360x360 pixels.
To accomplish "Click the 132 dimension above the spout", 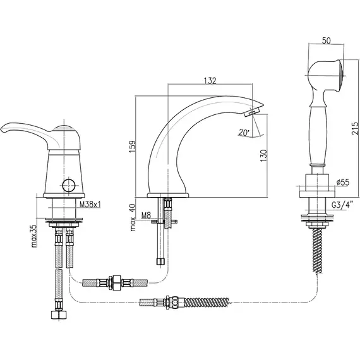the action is click(210, 81).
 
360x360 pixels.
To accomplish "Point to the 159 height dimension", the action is click(133, 147).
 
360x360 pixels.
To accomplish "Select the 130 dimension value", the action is click(264, 155).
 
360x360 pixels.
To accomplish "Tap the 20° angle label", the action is click(244, 133).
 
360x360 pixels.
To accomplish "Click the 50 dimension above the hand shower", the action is click(327, 40).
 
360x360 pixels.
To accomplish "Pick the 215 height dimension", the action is click(356, 128).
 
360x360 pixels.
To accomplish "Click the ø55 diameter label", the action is click(343, 183).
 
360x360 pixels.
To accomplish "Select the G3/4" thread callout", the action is click(342, 205).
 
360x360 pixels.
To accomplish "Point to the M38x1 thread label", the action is click(90, 204).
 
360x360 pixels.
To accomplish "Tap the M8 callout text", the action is click(146, 215).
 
